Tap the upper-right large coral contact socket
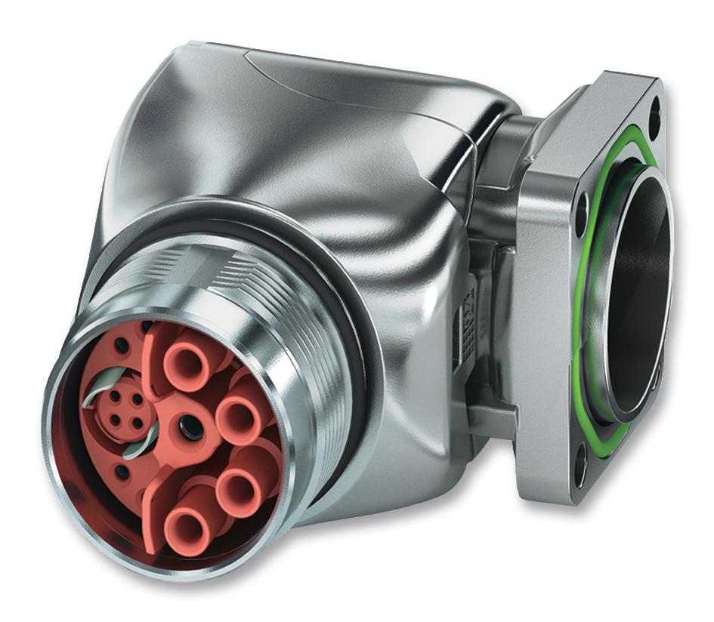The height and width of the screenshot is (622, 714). pos(239,414)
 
